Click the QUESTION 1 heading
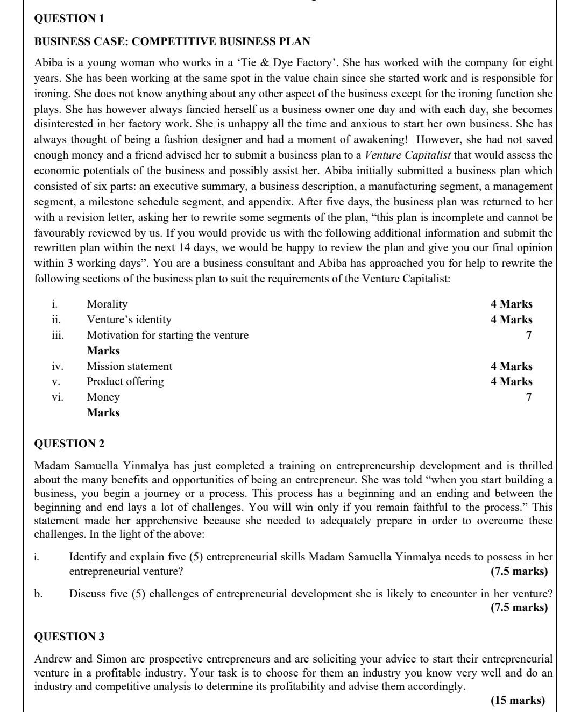pyautogui.click(x=69, y=18)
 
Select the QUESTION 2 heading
pyautogui.click(x=69, y=444)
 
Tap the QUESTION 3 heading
pyautogui.click(x=69, y=637)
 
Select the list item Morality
pyautogui.click(x=107, y=304)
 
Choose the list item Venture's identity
pyautogui.click(x=129, y=319)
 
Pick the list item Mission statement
pyautogui.click(x=130, y=366)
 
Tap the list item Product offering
pyautogui.click(x=125, y=381)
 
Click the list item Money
pyautogui.click(x=103, y=397)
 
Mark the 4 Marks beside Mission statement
pyautogui.click(x=511, y=366)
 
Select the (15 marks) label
pyautogui.click(x=518, y=700)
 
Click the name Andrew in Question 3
pyautogui.click(x=53, y=659)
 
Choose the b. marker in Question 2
pyautogui.click(x=38, y=594)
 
